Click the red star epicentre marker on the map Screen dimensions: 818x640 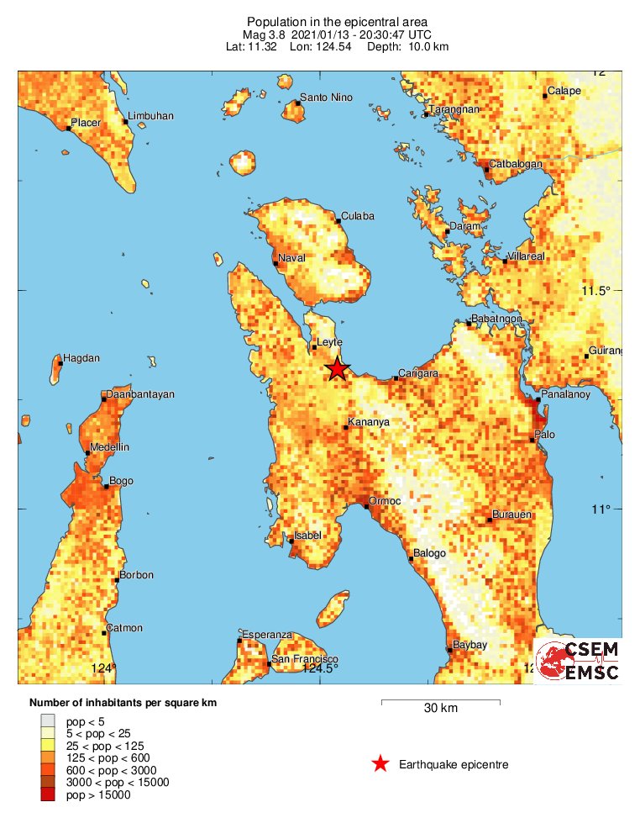(337, 368)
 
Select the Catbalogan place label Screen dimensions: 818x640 (515, 164)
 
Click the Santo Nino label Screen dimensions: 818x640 (326, 98)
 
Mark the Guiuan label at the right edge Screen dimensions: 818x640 (606, 351)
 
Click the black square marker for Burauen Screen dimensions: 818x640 (490, 520)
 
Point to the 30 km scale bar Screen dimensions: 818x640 (440, 701)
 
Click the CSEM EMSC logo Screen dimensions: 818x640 (578, 661)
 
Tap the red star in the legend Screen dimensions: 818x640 (380, 763)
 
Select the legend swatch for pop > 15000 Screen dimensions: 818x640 (49, 794)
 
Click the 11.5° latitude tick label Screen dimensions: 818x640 (595, 291)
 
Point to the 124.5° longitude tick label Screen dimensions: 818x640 (320, 668)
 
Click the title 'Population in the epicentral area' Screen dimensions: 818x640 (337, 21)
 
